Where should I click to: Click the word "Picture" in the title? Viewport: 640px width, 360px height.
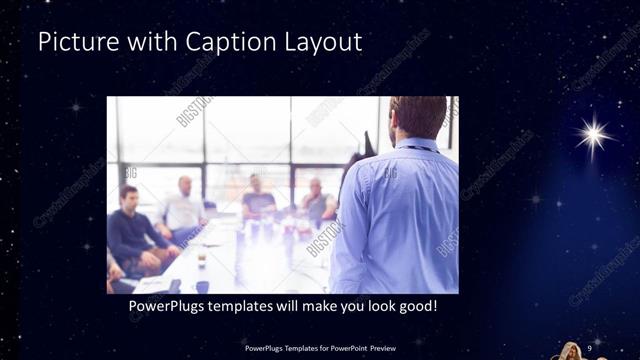pyautogui.click(x=71, y=43)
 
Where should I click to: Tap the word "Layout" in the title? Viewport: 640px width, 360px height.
pyautogui.click(x=320, y=43)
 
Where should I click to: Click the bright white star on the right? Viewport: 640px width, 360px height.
pyautogui.click(x=594, y=133)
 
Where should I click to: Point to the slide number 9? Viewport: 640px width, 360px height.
pyautogui.click(x=590, y=346)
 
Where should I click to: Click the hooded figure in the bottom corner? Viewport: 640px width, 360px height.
pyautogui.click(x=569, y=351)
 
